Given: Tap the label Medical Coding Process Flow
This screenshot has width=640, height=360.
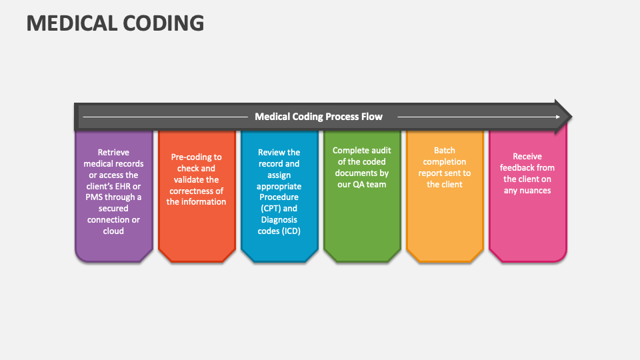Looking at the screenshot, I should [x=319, y=117].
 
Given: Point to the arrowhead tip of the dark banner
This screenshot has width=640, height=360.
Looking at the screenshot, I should [x=570, y=117].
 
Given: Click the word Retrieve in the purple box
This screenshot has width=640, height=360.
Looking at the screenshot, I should [x=113, y=152].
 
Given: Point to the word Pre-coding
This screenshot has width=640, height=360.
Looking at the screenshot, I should [x=188, y=157].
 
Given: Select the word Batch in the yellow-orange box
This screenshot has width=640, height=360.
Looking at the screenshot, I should [x=444, y=151].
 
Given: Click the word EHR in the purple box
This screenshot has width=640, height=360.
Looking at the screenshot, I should [x=131, y=186].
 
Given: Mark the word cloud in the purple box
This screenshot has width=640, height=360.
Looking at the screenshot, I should [x=113, y=231].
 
